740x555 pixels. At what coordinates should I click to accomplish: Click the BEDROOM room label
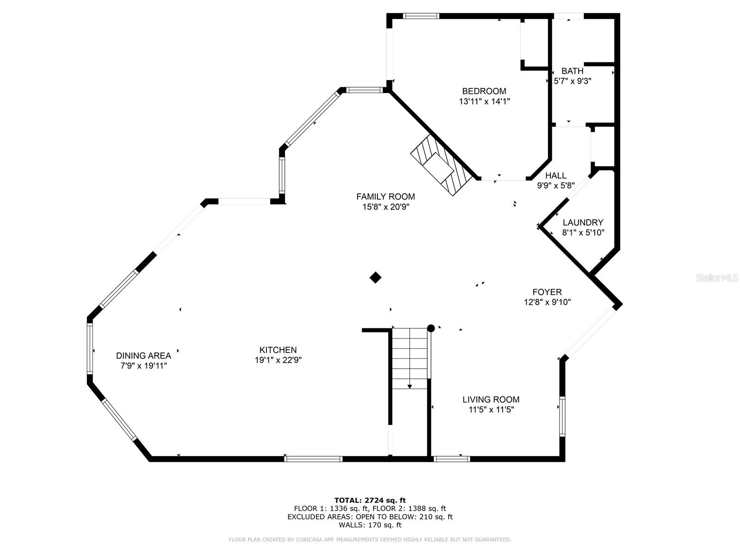484,91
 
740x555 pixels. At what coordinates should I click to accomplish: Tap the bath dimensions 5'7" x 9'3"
573,81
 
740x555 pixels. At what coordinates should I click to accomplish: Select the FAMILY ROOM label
385,197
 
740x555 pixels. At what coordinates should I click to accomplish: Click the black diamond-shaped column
376,277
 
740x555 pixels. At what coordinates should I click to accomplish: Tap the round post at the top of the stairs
431,328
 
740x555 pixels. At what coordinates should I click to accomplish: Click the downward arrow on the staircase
409,385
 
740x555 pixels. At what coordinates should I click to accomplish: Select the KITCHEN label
277,350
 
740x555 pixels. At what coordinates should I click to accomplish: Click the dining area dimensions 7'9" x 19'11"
143,366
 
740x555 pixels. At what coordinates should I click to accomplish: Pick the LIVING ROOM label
491,400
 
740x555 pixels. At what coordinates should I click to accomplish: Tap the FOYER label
547,292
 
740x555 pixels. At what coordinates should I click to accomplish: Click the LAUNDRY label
583,222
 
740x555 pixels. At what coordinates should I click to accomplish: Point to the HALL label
555,176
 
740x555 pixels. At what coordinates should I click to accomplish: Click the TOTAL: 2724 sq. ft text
370,500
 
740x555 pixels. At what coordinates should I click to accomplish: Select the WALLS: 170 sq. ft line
370,525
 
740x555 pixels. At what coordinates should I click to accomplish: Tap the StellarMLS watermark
717,278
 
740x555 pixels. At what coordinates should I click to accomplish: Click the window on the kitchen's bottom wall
313,459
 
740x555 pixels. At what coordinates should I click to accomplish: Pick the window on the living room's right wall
562,416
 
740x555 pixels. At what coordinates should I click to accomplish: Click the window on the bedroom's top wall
420,16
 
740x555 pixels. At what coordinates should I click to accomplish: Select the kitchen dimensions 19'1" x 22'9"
278,360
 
